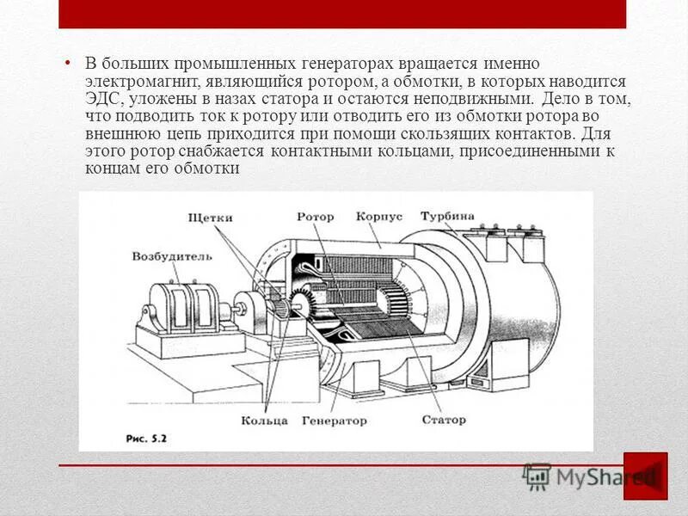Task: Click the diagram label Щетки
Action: pyautogui.click(x=210, y=218)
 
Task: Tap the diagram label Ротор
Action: pyautogui.click(x=315, y=217)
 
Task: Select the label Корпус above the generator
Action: pyautogui.click(x=378, y=217)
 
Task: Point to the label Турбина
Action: pyautogui.click(x=447, y=215)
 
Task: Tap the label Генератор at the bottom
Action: pyautogui.click(x=335, y=421)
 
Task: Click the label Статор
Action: pyautogui.click(x=444, y=420)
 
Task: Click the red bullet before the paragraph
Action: pyautogui.click(x=68, y=64)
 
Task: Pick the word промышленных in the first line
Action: pyautogui.click(x=227, y=64)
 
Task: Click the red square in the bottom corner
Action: pyautogui.click(x=645, y=476)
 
